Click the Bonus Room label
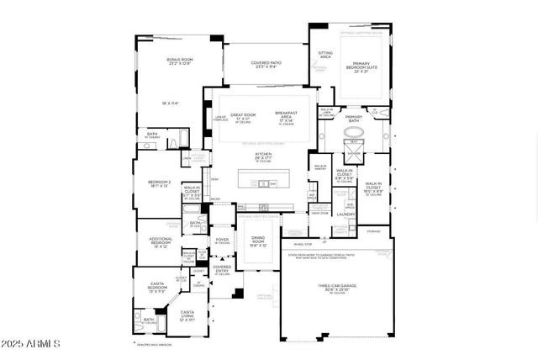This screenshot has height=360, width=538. (x=179, y=61)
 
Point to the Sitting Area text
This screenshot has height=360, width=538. (x=324, y=55)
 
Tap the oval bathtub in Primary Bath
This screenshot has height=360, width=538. (x=353, y=134)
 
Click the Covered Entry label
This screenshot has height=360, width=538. (x=222, y=269)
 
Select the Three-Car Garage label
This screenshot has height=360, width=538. (x=337, y=288)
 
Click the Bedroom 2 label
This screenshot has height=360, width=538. (x=160, y=183)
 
